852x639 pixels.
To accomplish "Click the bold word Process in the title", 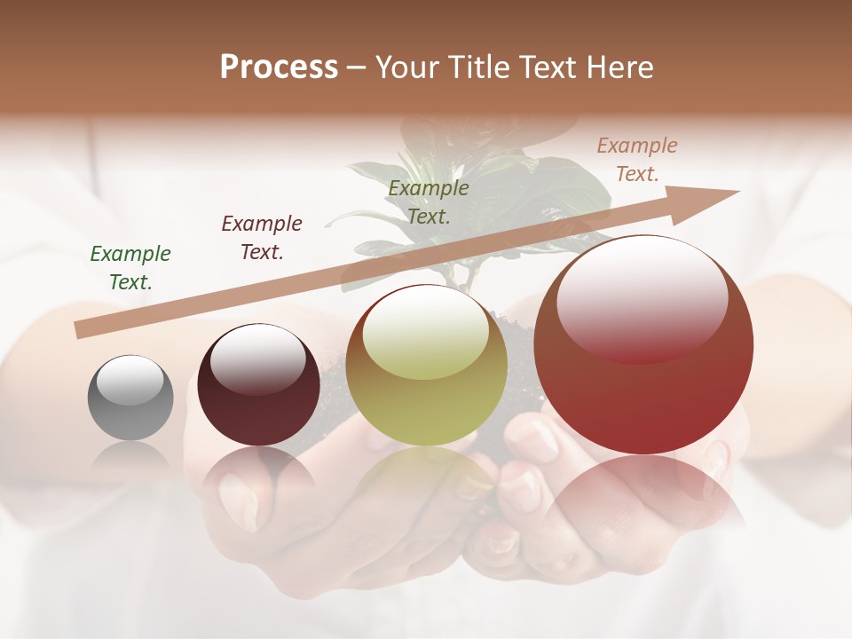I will [x=279, y=67].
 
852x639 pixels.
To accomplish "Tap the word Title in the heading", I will [x=480, y=67].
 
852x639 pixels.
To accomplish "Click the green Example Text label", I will [x=130, y=268].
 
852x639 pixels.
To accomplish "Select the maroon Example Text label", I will [x=262, y=238].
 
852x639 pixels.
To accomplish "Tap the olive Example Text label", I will [x=429, y=201].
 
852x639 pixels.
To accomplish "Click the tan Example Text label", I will [x=636, y=160].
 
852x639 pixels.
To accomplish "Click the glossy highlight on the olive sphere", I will [x=426, y=333].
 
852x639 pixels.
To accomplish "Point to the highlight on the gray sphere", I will [x=130, y=379].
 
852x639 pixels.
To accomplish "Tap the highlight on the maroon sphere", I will [x=257, y=358].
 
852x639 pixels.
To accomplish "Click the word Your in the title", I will [x=407, y=67].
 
